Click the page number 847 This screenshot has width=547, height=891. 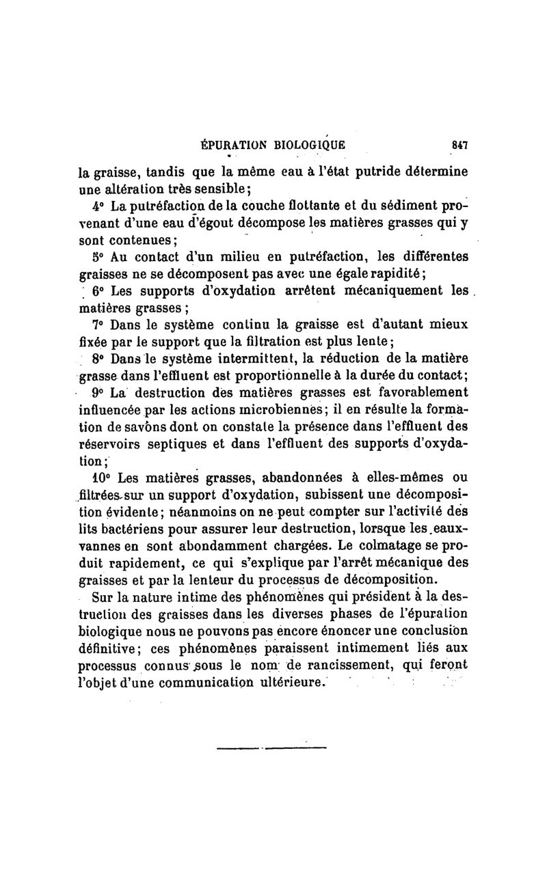pyautogui.click(x=457, y=145)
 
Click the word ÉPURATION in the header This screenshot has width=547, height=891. pyautogui.click(x=226, y=145)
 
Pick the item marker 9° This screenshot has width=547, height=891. pyautogui.click(x=97, y=393)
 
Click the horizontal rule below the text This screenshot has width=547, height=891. pyautogui.click(x=271, y=747)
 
